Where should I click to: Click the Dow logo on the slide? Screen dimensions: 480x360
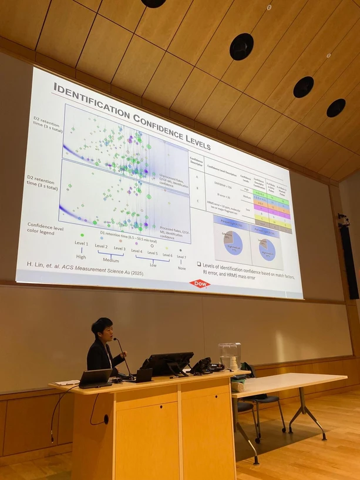pos(199,284)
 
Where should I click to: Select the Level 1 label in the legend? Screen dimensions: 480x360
pos(81,243)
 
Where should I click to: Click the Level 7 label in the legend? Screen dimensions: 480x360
pos(181,257)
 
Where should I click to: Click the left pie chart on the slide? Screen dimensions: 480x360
pos(231,243)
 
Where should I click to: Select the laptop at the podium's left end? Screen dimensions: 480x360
pos(96,378)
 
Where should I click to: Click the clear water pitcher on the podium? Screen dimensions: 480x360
pos(230,356)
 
